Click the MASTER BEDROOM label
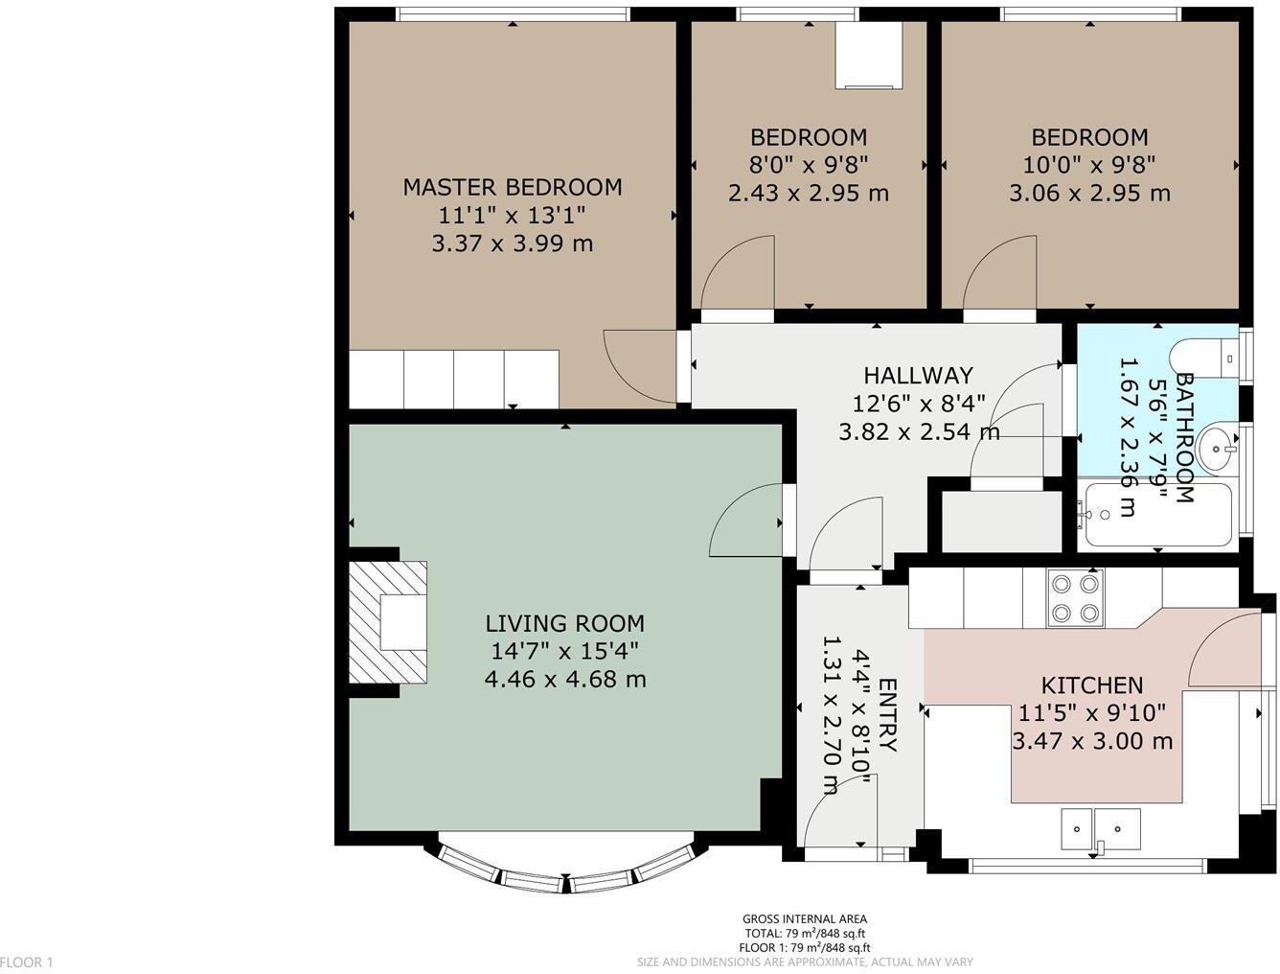pos(512,187)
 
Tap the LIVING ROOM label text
pos(564,623)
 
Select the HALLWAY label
pos(918,375)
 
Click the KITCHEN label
pos(1091,685)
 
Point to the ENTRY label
pos(887,715)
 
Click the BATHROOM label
pos(1184,438)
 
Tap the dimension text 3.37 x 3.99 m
pos(512,243)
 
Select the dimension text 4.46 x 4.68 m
pos(564,680)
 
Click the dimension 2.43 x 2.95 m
pos(809,194)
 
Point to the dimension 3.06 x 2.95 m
pos(1089,194)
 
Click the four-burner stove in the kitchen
pos(1075,597)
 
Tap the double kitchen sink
pos(1101,829)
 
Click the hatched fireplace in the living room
pos(388,622)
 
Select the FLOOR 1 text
pos(27,962)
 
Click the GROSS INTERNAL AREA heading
pos(805,919)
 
